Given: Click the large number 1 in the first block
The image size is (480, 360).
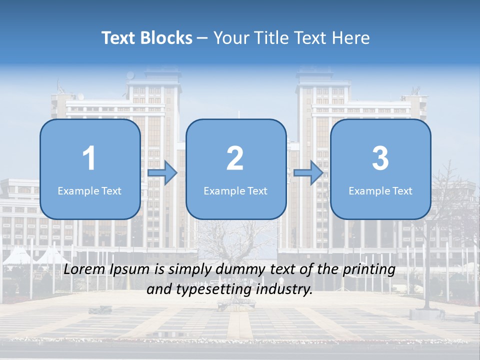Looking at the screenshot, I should point(89,158).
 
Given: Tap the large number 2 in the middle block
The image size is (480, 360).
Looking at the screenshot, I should point(235,158).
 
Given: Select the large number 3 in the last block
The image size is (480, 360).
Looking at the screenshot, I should point(380,158).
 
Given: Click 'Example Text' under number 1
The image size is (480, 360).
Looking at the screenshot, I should point(89,190).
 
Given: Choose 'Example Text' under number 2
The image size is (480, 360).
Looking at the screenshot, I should point(235,190).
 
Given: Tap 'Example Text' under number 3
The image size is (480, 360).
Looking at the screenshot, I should point(380,190).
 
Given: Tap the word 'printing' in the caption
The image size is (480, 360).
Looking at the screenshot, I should point(369,270).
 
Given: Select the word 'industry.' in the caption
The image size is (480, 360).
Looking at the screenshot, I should point(285,289).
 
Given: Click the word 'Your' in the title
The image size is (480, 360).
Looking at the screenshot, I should point(229,38).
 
